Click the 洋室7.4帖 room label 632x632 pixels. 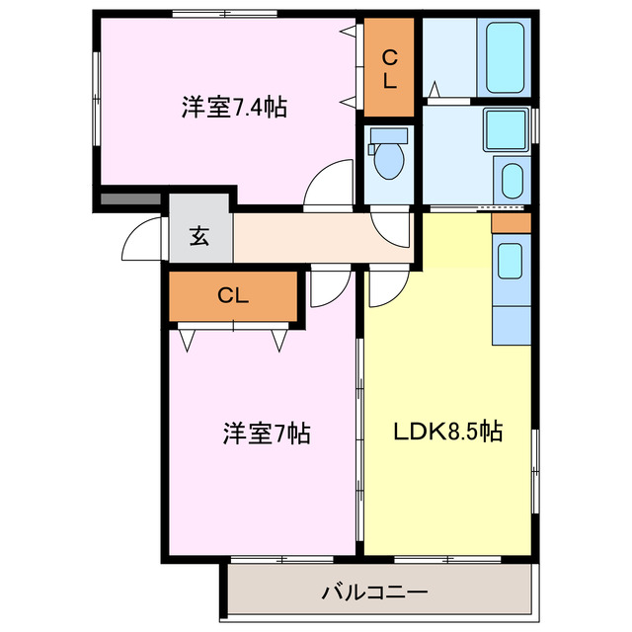234,108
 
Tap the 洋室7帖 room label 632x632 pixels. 267,433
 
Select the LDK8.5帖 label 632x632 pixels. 449,432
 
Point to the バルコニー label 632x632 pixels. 374,592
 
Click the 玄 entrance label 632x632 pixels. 199,236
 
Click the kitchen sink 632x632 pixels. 511,261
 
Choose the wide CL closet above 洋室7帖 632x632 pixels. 233,295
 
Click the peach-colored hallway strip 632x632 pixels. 316,238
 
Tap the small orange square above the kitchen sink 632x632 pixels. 511,222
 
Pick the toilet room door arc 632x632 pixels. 391,229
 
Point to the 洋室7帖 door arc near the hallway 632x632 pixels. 325,287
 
